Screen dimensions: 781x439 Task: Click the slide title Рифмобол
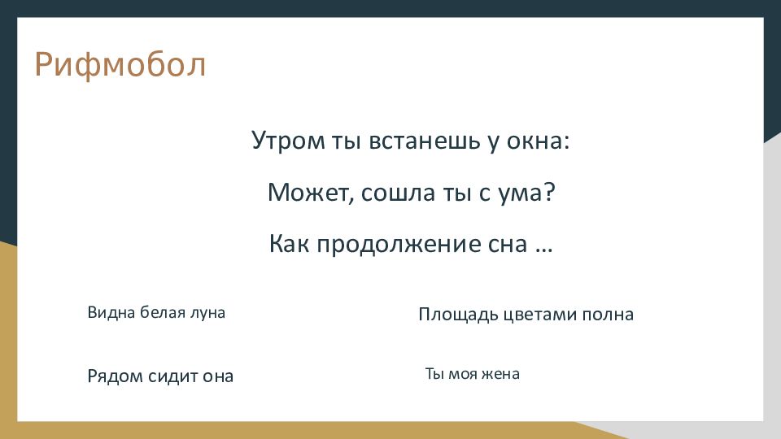pos(120,66)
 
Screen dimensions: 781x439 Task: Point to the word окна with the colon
pos(538,141)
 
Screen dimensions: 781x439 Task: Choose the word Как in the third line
pos(290,244)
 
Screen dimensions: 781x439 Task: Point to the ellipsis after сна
pos(544,250)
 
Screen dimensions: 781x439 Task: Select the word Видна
pos(111,312)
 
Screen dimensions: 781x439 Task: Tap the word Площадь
pos(458,315)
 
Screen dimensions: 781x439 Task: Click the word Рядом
pos(115,376)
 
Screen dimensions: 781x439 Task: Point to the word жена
pos(500,374)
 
